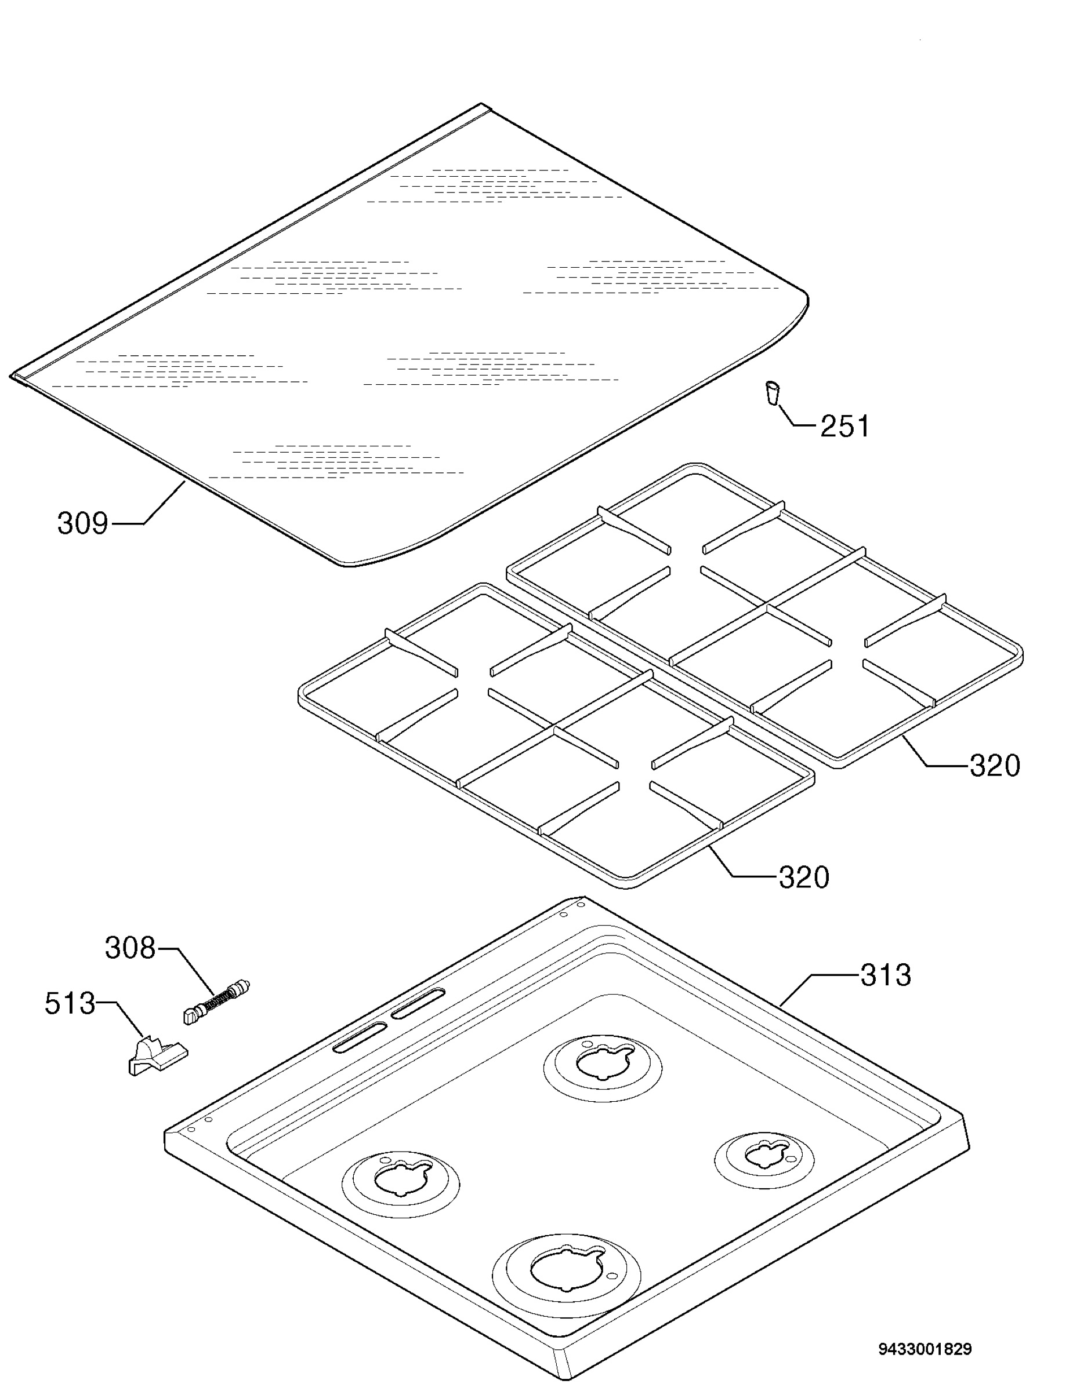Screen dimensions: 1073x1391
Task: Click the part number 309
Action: pos(82,523)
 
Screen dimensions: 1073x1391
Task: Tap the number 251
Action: pos(844,426)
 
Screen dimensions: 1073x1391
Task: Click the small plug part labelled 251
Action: pos(771,392)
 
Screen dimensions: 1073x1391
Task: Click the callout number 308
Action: pos(130,948)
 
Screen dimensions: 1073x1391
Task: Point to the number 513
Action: pos(70,1004)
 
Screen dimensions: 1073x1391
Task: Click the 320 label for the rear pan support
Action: pos(995,765)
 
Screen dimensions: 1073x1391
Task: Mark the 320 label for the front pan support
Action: pos(803,877)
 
